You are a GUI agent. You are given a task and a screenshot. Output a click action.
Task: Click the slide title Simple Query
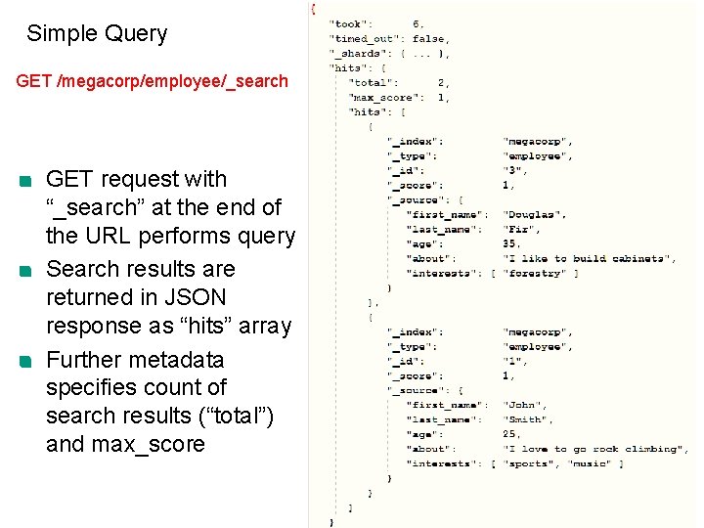[97, 34]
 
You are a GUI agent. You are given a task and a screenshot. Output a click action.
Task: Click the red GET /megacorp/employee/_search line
[153, 81]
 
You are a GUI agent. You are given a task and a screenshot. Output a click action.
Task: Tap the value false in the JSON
[428, 39]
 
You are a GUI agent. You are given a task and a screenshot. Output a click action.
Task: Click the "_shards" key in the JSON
[355, 54]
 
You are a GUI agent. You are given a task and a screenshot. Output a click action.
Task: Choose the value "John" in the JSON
[524, 405]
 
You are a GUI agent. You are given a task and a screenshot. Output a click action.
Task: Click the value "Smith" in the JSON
[527, 419]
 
